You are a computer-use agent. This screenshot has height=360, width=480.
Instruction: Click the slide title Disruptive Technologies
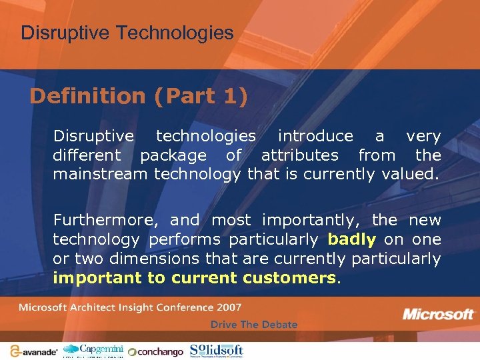[127, 33]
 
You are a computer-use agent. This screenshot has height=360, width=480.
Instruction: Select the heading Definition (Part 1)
[139, 97]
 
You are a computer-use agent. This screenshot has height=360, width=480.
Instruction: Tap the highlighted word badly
[352, 239]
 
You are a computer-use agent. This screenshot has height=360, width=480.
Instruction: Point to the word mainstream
[101, 175]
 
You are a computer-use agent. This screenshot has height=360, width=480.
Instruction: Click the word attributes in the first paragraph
[300, 155]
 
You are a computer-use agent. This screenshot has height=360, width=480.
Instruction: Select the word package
[173, 156]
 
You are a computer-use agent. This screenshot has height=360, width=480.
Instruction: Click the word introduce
[315, 136]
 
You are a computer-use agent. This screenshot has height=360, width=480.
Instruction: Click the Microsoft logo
[437, 314]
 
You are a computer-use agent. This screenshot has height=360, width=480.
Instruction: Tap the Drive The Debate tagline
[254, 325]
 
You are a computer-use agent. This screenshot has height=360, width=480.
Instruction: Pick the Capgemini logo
[93, 350]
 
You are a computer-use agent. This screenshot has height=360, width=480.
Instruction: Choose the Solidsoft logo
[217, 350]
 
